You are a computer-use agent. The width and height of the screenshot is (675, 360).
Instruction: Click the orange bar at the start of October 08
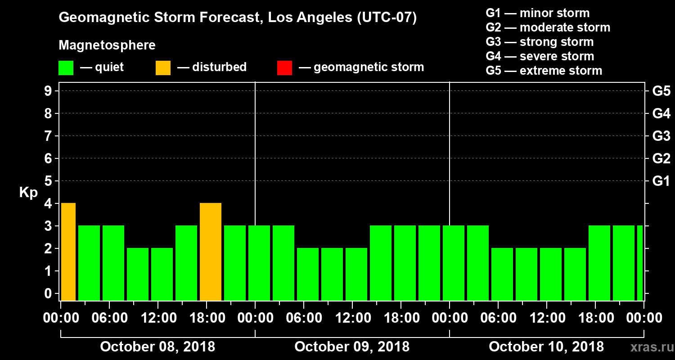68,252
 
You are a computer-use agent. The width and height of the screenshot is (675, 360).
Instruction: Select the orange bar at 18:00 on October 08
211,252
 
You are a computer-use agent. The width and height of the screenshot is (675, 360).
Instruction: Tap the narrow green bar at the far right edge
640,263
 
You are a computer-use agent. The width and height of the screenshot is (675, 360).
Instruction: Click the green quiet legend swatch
66,67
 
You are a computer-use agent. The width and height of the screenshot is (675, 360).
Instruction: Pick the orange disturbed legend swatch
163,67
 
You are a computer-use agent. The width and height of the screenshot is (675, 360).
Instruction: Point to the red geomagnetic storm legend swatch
284,67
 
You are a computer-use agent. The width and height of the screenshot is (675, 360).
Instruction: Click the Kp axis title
28,193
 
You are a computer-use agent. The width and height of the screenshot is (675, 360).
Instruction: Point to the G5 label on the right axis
661,91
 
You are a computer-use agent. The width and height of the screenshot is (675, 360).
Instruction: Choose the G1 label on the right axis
661,181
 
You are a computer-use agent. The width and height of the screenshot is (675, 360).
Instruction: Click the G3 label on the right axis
661,136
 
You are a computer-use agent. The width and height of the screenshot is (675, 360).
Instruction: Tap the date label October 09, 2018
352,346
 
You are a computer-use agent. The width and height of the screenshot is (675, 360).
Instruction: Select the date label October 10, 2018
546,346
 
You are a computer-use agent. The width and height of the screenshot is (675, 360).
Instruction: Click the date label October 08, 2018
157,346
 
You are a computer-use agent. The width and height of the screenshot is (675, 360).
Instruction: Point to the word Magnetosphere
107,45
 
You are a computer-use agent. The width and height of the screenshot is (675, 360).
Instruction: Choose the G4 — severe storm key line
540,56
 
